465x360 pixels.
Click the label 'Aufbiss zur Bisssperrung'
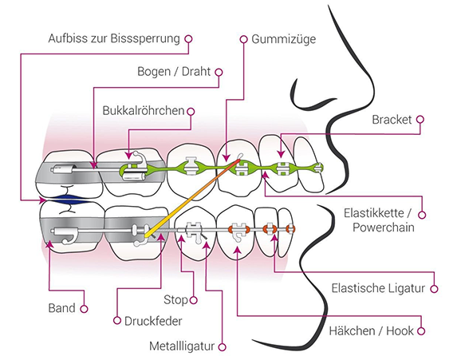(114, 38)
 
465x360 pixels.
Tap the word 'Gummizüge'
(284, 39)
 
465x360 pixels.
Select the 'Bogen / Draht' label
(174, 72)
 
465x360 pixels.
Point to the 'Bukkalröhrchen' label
(144, 111)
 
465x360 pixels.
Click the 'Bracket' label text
(392, 120)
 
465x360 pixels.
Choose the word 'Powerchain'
(384, 227)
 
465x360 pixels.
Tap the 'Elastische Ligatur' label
(378, 288)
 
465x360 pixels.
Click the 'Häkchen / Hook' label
(371, 331)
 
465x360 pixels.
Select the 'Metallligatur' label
(182, 346)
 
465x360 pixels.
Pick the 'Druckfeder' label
(153, 321)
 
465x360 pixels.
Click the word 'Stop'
(175, 300)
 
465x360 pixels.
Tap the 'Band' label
(61, 308)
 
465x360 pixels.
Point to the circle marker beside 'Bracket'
(420, 120)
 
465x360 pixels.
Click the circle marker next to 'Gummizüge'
(243, 39)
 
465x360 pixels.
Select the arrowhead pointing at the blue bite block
(42, 200)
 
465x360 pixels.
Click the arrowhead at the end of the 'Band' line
(49, 243)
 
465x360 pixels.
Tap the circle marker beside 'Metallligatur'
(222, 346)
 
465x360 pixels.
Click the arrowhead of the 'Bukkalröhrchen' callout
(128, 156)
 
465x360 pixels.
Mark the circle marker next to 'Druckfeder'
(117, 321)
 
